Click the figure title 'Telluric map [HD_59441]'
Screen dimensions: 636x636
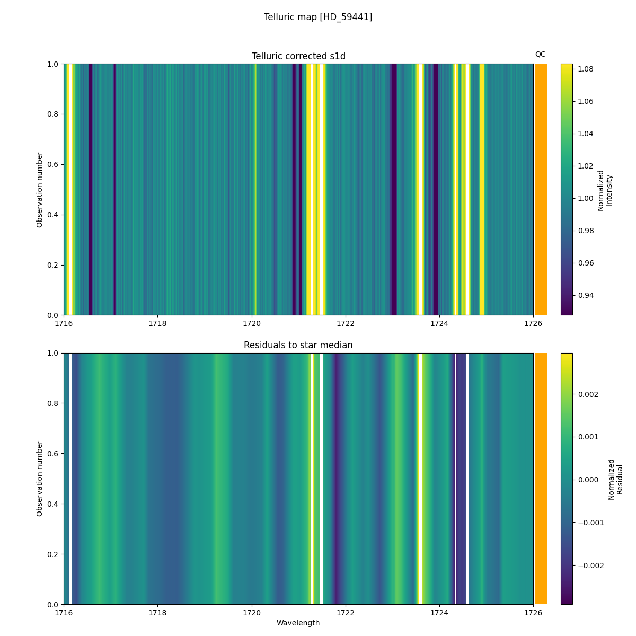click(318, 17)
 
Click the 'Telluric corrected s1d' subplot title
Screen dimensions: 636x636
click(298, 56)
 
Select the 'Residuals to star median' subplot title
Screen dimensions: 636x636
click(298, 345)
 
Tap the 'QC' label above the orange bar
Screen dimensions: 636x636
click(540, 54)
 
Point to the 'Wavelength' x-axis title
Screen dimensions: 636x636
click(298, 623)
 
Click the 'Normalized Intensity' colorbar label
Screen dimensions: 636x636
click(605, 190)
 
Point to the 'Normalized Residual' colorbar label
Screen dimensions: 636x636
click(615, 479)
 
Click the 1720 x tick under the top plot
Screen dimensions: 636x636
click(252, 323)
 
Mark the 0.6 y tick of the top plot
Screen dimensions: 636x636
click(54, 164)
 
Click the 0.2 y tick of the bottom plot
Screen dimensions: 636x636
click(54, 554)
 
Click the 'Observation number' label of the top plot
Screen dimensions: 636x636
click(40, 190)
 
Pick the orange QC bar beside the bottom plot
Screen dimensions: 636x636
click(541, 479)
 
